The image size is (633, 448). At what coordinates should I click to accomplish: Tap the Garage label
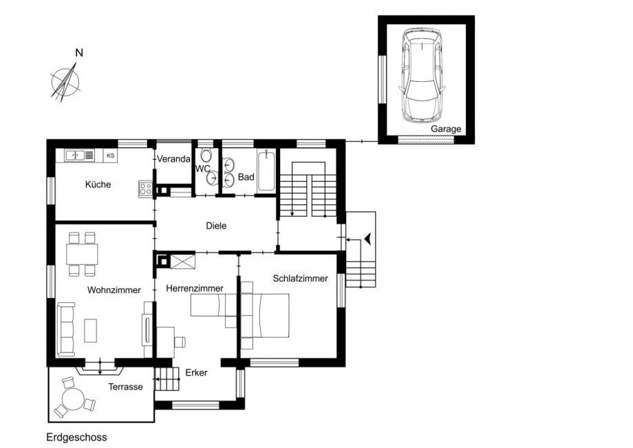point(446,129)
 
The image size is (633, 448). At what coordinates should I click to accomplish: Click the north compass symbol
point(65,81)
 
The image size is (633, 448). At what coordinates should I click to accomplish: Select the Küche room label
point(98,184)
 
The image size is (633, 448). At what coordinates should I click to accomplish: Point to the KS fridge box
point(110,156)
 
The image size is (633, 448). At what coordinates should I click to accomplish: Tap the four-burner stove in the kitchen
point(145,188)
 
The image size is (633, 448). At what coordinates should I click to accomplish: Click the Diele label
point(216,225)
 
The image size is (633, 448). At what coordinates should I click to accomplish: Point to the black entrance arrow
point(369,239)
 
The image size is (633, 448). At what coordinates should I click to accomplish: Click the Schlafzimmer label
point(300,279)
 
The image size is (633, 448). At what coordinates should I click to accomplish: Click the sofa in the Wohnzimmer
point(66,328)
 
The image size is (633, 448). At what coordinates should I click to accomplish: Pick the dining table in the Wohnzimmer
point(82,254)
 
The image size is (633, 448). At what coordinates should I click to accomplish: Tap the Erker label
point(196,372)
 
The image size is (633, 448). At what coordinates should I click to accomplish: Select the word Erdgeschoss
point(76,437)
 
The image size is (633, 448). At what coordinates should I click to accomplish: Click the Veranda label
point(173,159)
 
